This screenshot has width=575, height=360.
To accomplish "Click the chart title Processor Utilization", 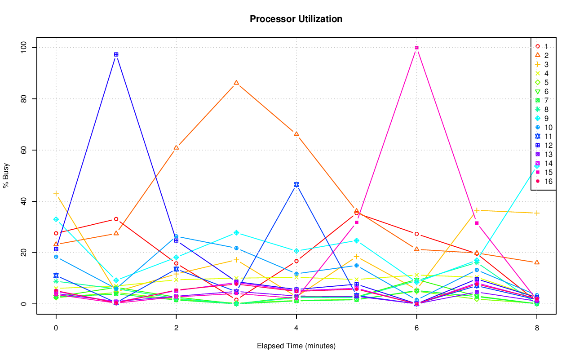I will pyautogui.click(x=296, y=19).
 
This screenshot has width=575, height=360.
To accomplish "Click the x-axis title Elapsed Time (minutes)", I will pyautogui.click(x=296, y=346).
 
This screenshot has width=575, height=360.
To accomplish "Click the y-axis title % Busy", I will pyautogui.click(x=7, y=175).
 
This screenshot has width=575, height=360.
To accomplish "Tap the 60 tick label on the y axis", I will pyautogui.click(x=23, y=150).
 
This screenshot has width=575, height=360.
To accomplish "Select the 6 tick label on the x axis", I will pyautogui.click(x=416, y=328).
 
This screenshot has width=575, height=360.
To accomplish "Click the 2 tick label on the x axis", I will pyautogui.click(x=176, y=328).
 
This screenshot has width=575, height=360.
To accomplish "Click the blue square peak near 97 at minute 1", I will pyautogui.click(x=116, y=54).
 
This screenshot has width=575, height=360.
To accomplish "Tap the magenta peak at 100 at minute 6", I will pyautogui.click(x=416, y=48).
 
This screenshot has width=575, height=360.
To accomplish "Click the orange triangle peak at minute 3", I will pyautogui.click(x=236, y=83).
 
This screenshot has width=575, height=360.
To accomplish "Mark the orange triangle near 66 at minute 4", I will pyautogui.click(x=296, y=134).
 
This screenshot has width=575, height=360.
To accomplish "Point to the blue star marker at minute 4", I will pyautogui.click(x=296, y=185).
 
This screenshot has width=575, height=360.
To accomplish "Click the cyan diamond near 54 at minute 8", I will pyautogui.click(x=536, y=166).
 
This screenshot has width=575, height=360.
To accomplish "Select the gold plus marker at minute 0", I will pyautogui.click(x=56, y=194).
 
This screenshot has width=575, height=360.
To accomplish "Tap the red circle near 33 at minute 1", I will pyautogui.click(x=116, y=219).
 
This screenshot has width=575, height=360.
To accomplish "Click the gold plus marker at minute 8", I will pyautogui.click(x=536, y=213).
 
